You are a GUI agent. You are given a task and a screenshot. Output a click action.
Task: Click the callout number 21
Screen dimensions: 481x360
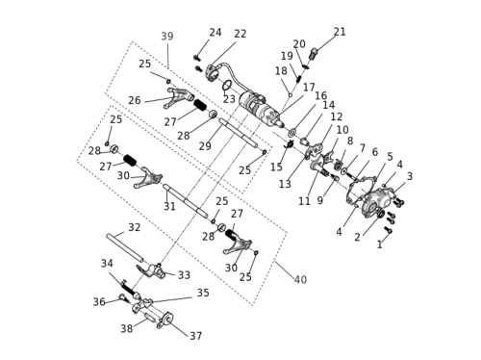point(340,32)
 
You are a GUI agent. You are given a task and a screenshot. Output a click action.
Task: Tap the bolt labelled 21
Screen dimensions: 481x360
point(314,53)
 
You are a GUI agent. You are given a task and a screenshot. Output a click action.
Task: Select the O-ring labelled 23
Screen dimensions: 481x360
point(227,86)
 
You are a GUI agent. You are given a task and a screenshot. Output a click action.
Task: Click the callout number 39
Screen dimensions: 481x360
point(167,37)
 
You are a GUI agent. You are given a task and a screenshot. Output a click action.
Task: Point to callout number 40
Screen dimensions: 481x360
point(300,279)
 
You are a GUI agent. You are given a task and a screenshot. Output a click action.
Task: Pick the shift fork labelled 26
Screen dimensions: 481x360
point(179,97)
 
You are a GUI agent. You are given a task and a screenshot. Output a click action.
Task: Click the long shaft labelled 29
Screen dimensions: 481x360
point(239,133)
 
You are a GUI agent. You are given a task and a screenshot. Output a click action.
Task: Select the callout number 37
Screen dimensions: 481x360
point(196,336)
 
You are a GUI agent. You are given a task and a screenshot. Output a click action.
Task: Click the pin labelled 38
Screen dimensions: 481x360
point(151,319)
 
